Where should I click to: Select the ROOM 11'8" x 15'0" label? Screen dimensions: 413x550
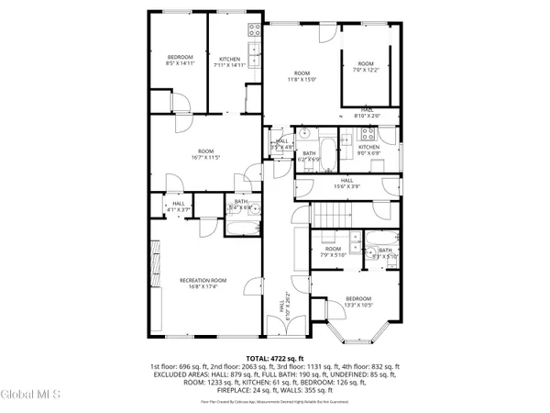[x=303, y=76]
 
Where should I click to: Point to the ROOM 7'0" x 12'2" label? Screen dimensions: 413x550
[x=366, y=66]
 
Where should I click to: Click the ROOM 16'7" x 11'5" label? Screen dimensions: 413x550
[x=206, y=154]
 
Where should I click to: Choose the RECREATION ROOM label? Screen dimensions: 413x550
[x=203, y=283]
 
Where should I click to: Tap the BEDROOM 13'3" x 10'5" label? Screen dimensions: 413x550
[x=358, y=301]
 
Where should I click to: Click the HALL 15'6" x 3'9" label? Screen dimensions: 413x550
[x=346, y=184]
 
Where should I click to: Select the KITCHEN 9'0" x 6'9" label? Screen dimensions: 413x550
[x=368, y=151]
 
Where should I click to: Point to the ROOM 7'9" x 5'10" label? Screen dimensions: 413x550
[x=332, y=251]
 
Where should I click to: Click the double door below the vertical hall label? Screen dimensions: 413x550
[x=281, y=339]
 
